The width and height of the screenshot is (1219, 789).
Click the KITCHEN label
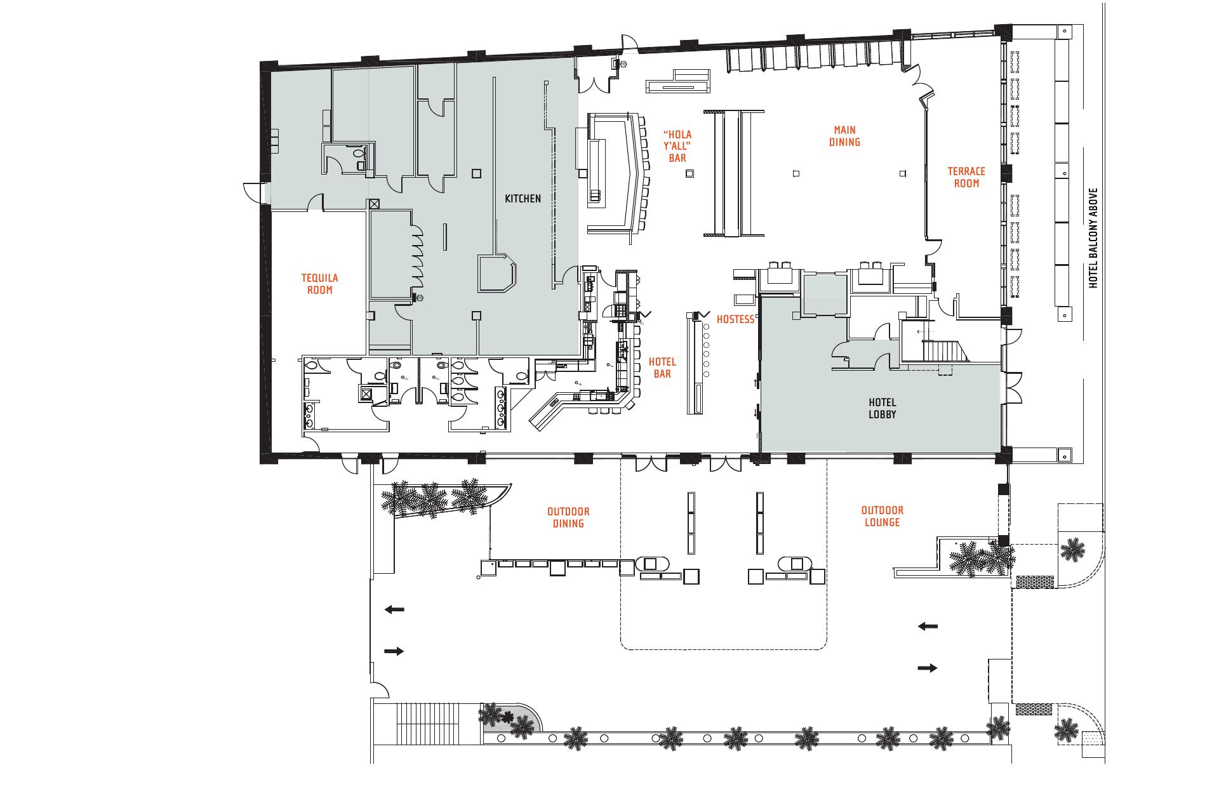[523, 199]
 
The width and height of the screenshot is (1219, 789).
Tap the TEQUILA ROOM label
[319, 284]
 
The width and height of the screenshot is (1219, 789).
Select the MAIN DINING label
[845, 136]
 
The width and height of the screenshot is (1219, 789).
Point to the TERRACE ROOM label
[966, 177]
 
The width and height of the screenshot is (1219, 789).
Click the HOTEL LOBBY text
[882, 408]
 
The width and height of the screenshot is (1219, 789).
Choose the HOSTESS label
[735, 319]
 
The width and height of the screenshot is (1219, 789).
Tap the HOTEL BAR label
[662, 368]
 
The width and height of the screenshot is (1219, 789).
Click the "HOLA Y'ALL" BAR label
[677, 146]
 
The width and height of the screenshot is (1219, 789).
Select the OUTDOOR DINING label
[568, 517]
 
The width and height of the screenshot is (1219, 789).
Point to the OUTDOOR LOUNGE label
[882, 516]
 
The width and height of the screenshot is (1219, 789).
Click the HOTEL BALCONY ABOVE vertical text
[1093, 237]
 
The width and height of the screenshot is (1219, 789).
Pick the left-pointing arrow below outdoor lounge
[928, 627]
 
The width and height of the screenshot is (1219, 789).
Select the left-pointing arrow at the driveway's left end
[394, 609]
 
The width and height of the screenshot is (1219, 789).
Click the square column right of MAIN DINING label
[903, 173]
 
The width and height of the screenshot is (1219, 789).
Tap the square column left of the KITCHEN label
[476, 173]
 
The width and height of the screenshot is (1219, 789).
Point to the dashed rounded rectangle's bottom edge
[724, 649]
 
